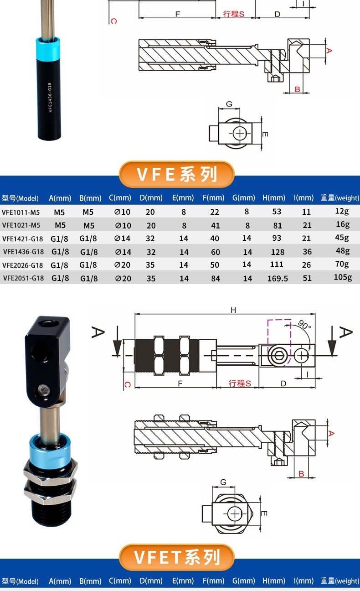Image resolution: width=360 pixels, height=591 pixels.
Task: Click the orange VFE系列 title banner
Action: pos(176,174)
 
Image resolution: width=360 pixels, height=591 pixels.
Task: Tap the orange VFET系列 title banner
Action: pos(176,557)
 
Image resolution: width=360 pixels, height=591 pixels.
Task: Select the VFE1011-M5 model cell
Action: pos(21,212)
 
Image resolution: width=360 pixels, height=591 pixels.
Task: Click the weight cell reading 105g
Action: pos(343,277)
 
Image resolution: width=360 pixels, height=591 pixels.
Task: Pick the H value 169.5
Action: pos(278,278)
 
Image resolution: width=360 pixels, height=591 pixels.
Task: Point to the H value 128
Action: pos(278,252)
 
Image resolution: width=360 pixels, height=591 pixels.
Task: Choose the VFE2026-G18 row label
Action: pos(23,265)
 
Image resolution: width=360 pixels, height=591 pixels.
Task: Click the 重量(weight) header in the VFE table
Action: pos(339,198)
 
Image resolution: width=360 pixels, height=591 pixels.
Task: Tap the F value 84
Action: pos(215,278)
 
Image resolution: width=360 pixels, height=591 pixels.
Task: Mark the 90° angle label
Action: pos(304,325)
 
